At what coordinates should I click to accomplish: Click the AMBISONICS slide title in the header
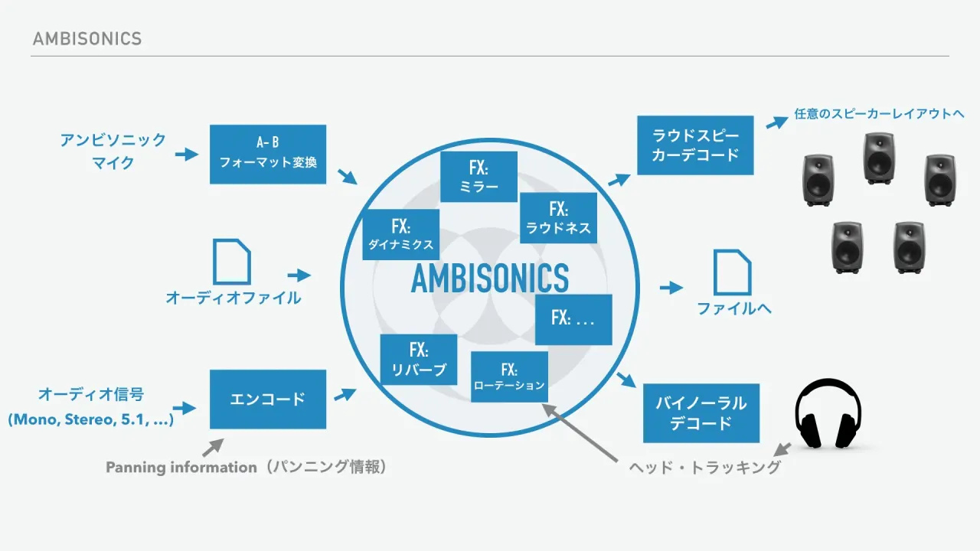tap(87, 39)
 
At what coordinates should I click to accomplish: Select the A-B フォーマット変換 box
tap(268, 155)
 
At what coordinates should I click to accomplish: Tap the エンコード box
tap(268, 399)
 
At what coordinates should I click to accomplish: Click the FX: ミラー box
tap(479, 177)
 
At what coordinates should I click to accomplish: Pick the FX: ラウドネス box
tap(558, 218)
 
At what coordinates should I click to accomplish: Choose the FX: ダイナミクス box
tap(400, 234)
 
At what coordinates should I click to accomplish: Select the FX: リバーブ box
tap(419, 360)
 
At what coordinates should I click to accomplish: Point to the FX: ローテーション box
tap(509, 377)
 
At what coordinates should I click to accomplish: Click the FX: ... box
tap(573, 319)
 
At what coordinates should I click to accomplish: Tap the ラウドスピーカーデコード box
tap(695, 145)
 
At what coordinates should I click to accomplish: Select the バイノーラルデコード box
tap(701, 413)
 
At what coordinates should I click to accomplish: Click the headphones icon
tap(828, 413)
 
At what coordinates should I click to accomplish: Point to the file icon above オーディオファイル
tap(232, 262)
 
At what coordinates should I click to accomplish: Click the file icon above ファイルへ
tap(733, 272)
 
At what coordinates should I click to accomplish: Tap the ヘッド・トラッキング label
tap(705, 468)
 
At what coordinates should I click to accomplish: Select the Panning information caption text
tap(247, 467)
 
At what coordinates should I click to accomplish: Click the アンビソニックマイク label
tap(113, 152)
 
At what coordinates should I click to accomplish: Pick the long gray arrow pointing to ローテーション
tap(580, 432)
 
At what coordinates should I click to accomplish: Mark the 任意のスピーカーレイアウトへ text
tap(879, 114)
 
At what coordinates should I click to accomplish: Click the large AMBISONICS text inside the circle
tap(490, 278)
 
